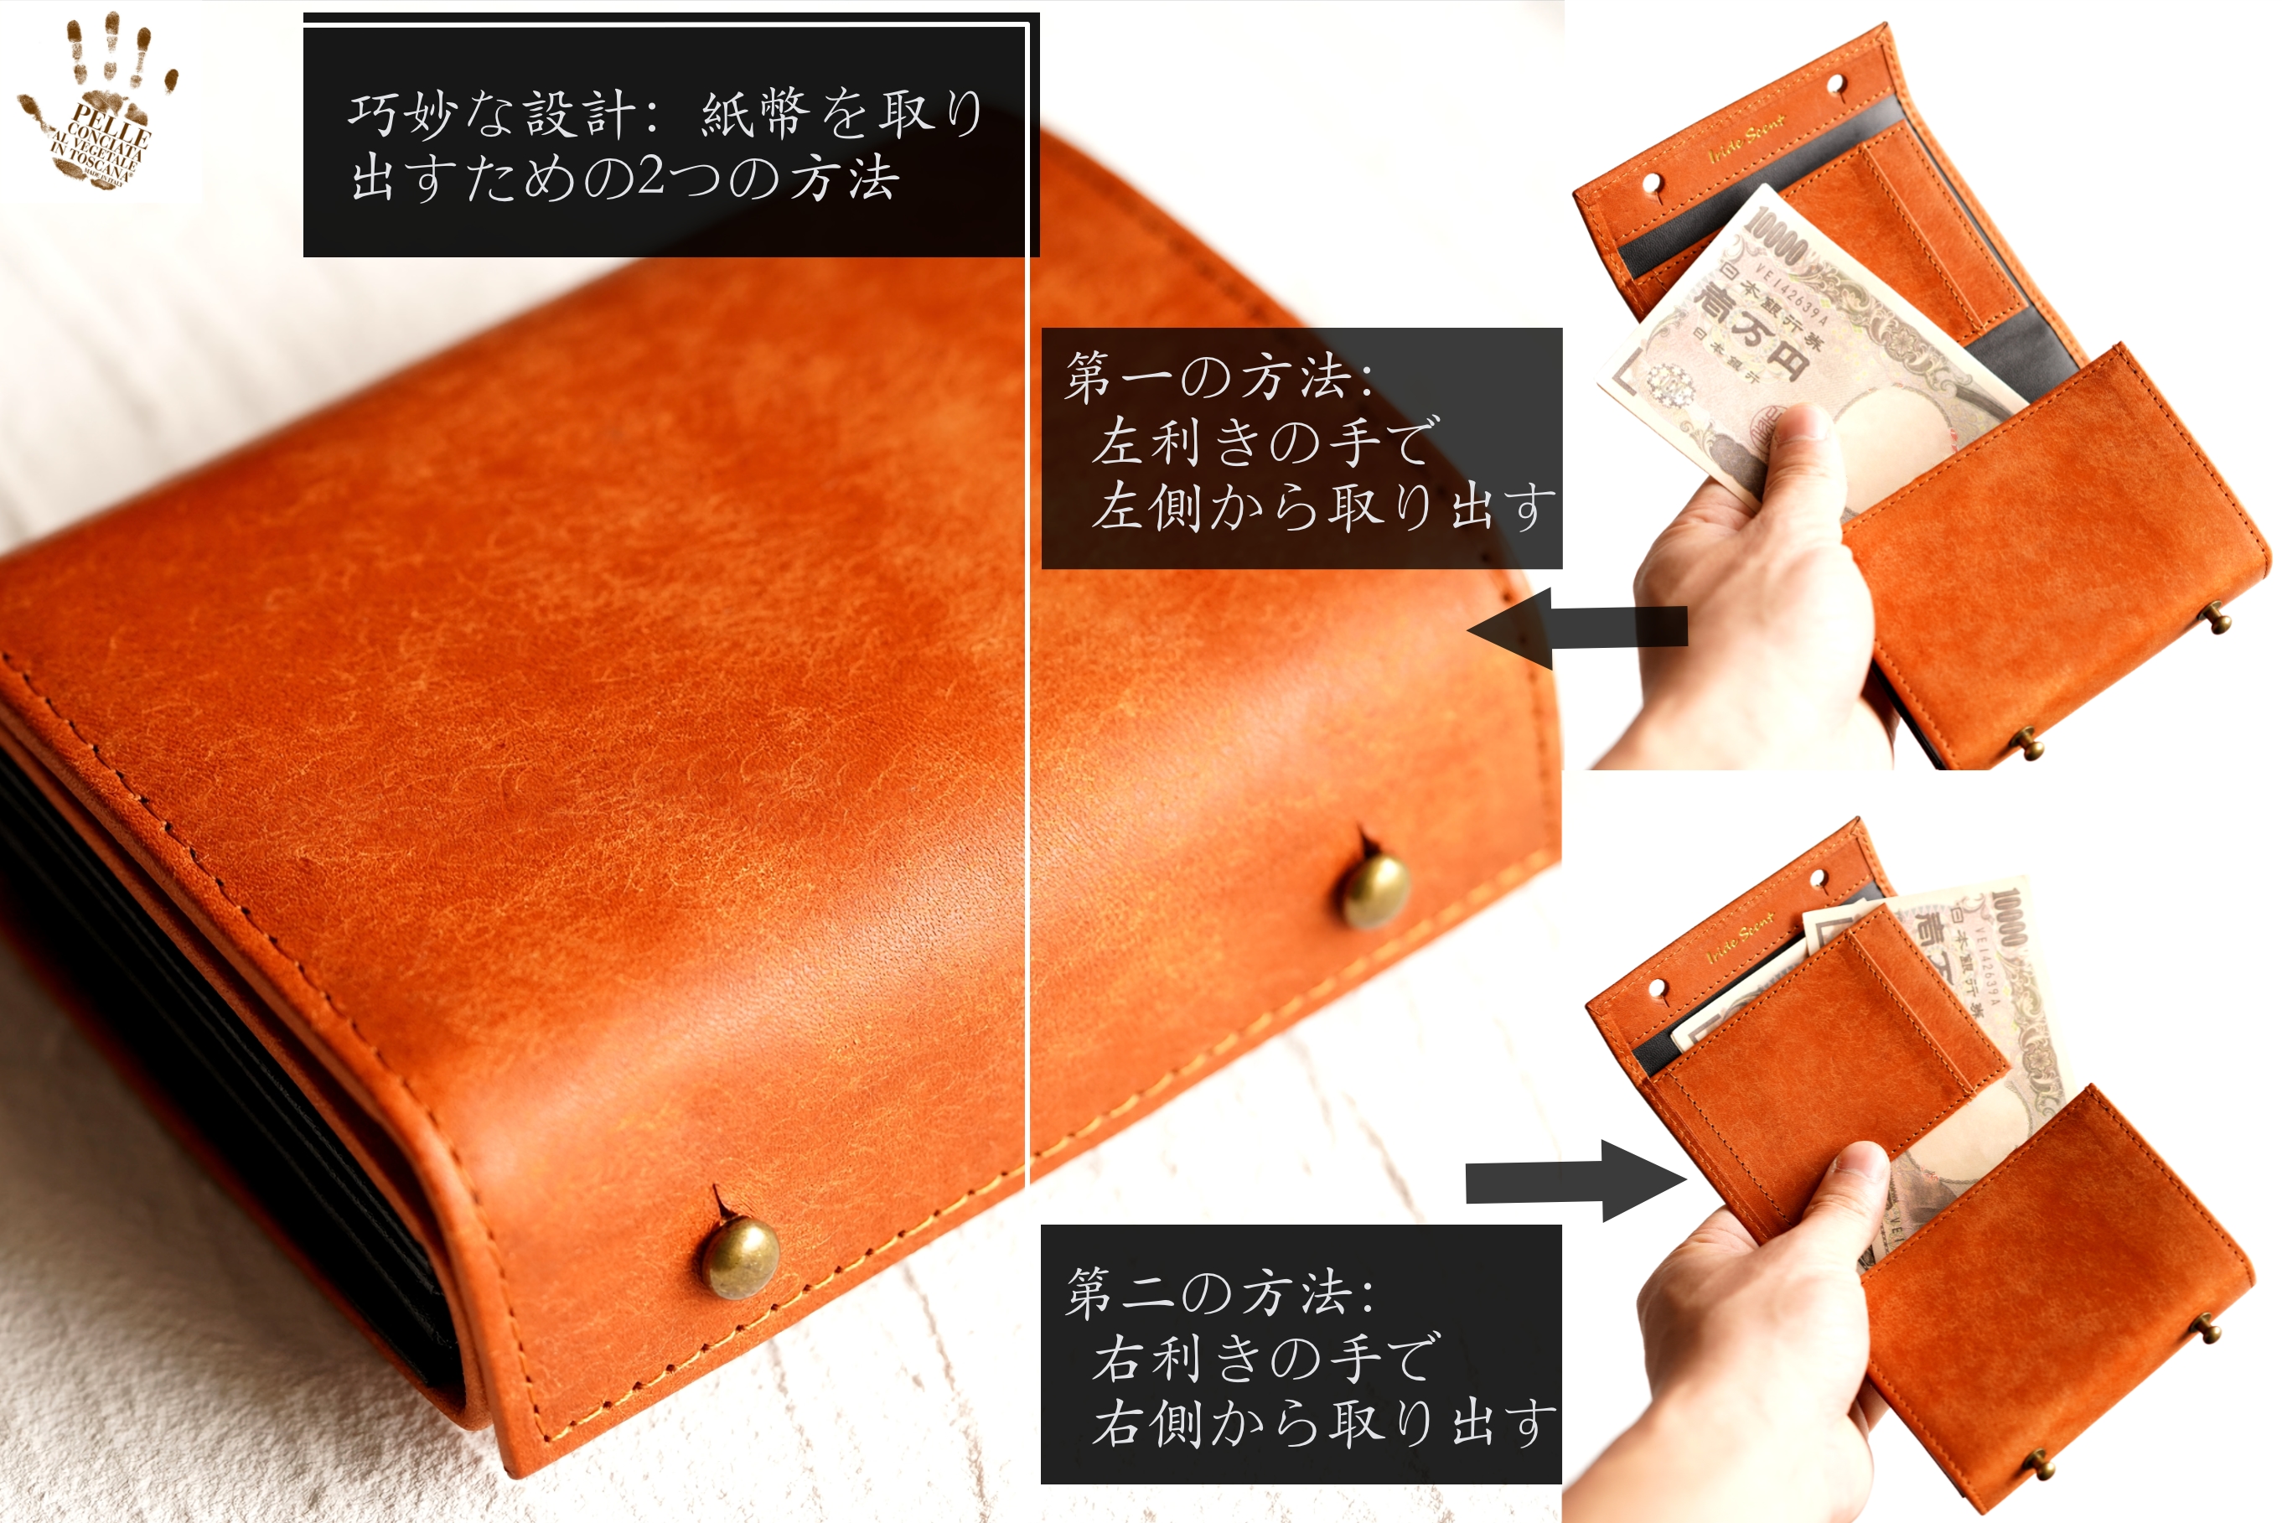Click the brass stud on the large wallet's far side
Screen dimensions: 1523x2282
click(1375, 888)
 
